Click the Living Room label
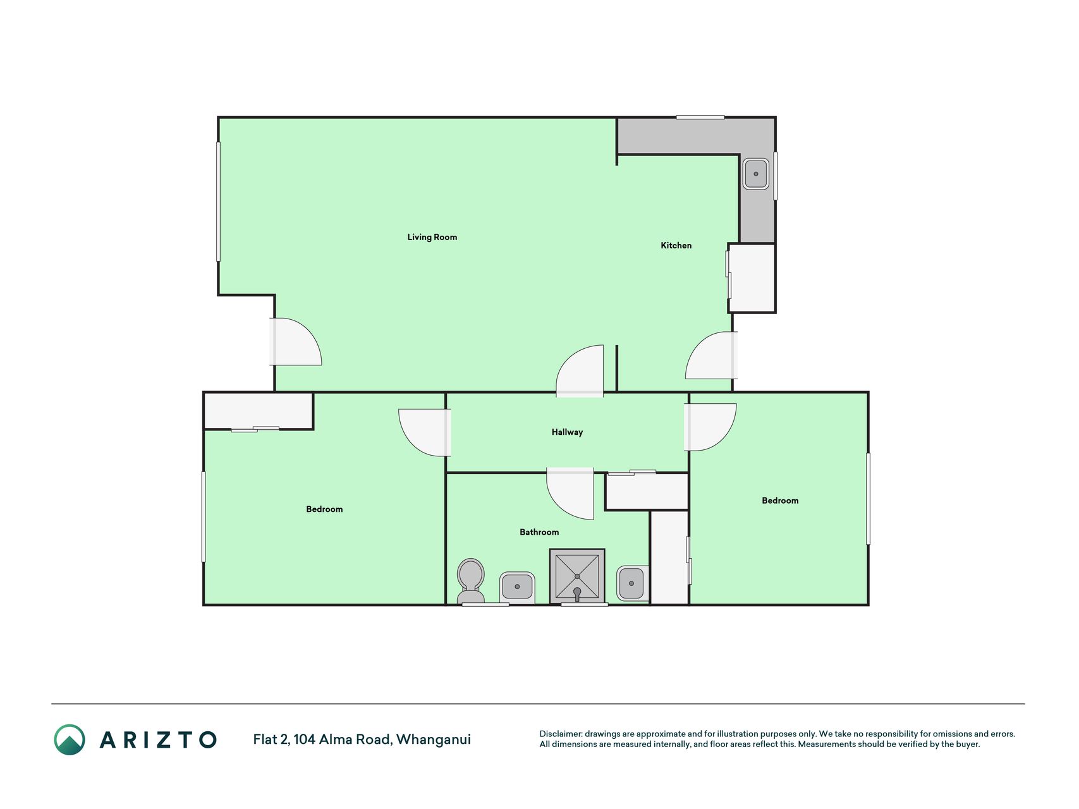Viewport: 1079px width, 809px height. click(x=432, y=237)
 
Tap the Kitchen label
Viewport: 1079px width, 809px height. click(x=676, y=245)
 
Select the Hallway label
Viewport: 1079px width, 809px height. click(x=567, y=432)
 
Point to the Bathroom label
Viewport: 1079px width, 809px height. click(x=539, y=532)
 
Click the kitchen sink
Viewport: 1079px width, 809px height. click(x=756, y=174)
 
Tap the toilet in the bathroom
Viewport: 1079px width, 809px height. click(x=470, y=581)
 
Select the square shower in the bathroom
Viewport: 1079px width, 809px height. click(x=577, y=576)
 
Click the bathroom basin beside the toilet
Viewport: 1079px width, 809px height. click(x=517, y=587)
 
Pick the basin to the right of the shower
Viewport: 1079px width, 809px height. click(x=632, y=583)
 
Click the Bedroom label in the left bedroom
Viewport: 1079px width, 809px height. click(x=324, y=509)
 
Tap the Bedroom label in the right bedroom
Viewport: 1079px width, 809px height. click(x=780, y=501)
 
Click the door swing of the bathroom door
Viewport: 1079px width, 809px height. click(x=570, y=494)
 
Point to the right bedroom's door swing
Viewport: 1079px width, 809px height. click(x=710, y=427)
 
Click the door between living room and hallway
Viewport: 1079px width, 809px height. click(x=580, y=371)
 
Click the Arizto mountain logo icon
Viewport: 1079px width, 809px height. click(x=70, y=739)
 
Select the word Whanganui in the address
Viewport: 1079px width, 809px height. click(x=434, y=739)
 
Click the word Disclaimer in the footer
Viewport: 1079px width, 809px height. click(x=561, y=734)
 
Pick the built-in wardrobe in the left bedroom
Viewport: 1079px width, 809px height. click(x=259, y=411)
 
